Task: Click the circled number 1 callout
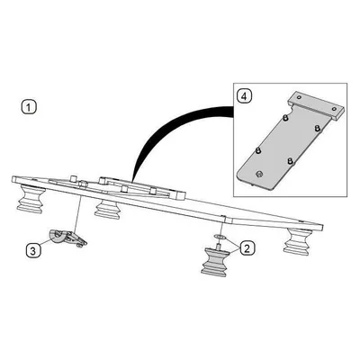coord(29,107)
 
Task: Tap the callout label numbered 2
coord(247,248)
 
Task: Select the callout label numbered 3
coord(33,250)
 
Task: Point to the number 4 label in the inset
coord(244,96)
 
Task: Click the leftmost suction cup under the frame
coord(31,199)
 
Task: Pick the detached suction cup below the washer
coord(214,261)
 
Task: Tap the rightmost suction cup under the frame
coord(297,243)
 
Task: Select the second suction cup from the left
coord(108,209)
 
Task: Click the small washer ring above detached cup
coord(220,238)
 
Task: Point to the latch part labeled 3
coord(67,238)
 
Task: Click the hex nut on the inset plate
coord(258,174)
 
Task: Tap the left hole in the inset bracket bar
coord(298,97)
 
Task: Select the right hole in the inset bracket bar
coord(335,108)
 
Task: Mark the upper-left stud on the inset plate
coord(285,118)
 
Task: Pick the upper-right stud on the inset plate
coord(317,129)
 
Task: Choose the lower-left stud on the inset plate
coord(257,150)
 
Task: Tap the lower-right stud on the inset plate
coord(290,161)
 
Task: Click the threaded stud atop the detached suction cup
coord(218,247)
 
